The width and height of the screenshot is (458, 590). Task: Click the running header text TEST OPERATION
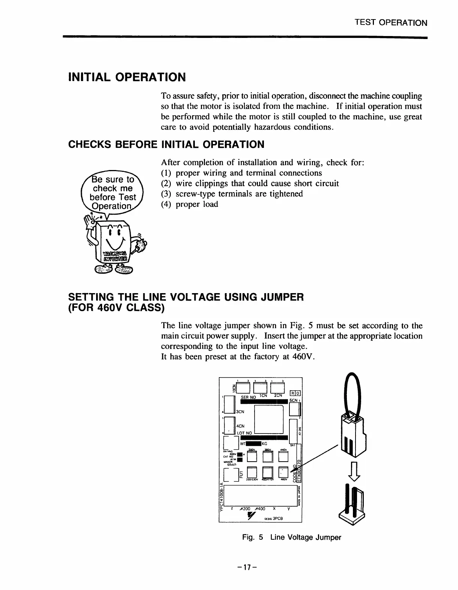(391, 23)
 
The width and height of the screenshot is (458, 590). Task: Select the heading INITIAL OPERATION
(127, 77)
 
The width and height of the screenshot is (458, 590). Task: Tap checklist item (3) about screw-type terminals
(232, 194)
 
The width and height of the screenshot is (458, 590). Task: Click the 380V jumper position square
(267, 456)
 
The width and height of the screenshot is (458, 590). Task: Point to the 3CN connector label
(240, 411)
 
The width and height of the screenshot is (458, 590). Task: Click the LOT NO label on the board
(244, 433)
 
